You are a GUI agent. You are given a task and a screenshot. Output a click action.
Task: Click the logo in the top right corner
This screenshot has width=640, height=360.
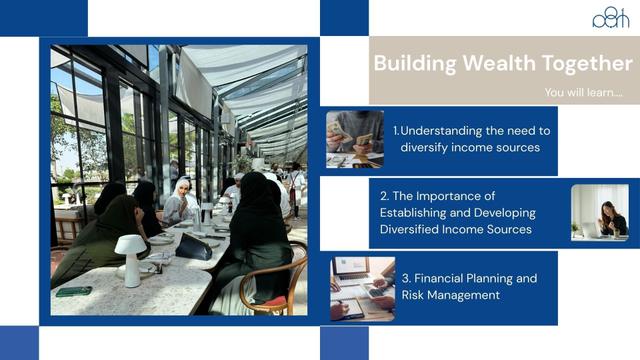610,17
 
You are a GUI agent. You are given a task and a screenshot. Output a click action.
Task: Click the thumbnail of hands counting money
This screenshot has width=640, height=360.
354,139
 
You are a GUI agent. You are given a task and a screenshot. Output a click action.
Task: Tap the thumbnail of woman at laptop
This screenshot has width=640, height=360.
600,212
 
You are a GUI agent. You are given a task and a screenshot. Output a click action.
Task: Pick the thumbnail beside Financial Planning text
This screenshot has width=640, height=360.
362,288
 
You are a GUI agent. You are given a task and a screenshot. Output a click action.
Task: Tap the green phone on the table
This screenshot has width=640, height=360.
73,292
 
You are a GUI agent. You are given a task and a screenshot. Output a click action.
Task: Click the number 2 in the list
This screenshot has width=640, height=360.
384,196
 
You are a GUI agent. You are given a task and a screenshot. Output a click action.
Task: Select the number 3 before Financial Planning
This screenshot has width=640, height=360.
406,278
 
